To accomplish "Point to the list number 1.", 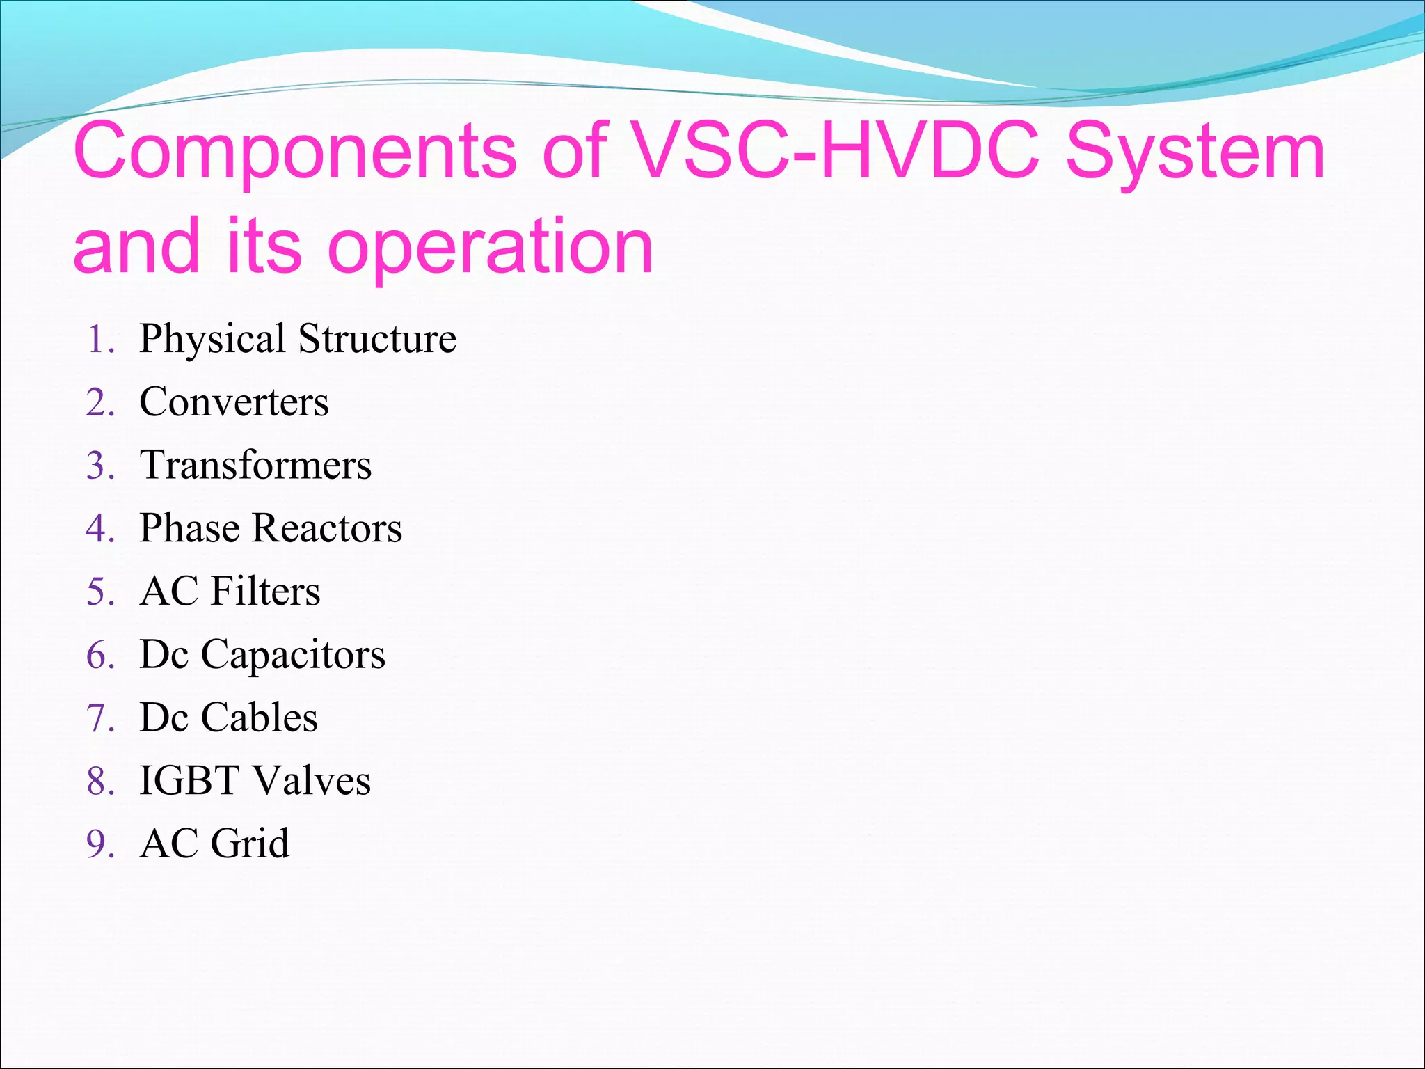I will coord(100,340).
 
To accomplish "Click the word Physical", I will coord(212,340).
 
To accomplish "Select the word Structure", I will coord(377,339).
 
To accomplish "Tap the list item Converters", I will coord(234,402).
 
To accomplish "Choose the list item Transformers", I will coord(255,465).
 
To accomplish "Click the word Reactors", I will coord(327,528).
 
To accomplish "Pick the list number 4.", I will coord(100,528).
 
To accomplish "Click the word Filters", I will coord(265,592).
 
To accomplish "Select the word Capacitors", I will coord(293,656).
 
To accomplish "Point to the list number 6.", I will coord(100,655).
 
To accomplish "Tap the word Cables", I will coord(259,718).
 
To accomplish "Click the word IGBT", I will coord(189,781).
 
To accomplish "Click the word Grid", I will coord(250,844).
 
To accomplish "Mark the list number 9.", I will coord(100,844).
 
